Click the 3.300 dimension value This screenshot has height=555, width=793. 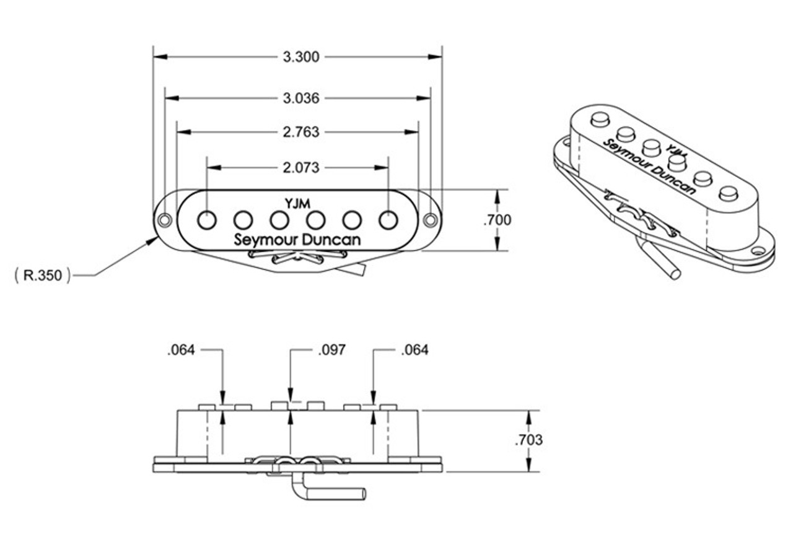(x=300, y=57)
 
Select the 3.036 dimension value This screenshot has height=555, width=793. (x=300, y=98)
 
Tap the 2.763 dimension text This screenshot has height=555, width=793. (x=300, y=132)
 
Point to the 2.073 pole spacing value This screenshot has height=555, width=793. (x=300, y=167)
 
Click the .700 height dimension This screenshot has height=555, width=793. (x=497, y=220)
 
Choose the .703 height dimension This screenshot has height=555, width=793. (x=528, y=440)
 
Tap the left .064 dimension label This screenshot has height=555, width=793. (x=181, y=351)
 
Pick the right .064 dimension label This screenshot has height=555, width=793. (x=414, y=351)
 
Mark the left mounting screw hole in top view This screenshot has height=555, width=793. (x=164, y=220)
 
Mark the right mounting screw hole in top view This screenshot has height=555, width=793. (x=431, y=220)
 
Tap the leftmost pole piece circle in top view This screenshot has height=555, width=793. (x=207, y=219)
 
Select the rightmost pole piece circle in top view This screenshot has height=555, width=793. (x=388, y=219)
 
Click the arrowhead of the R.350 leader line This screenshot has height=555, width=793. (x=155, y=238)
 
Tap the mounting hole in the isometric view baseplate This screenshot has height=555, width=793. (x=757, y=253)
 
